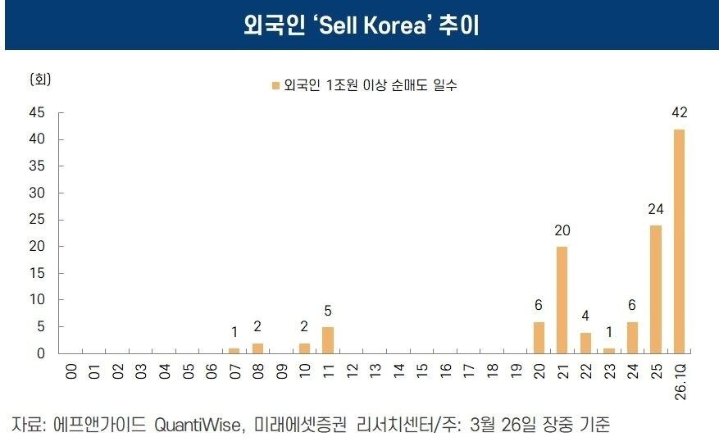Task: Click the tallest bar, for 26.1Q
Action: point(679,241)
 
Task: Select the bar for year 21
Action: point(562,300)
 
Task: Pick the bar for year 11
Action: point(328,340)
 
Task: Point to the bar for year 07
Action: point(234,351)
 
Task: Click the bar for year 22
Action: point(585,343)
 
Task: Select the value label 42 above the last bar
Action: point(679,113)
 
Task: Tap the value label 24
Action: point(656,209)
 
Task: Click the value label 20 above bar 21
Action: point(562,230)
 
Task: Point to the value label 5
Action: point(328,311)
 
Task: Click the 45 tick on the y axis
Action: point(39,112)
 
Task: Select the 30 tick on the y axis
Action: point(39,193)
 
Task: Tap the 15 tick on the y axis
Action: point(39,273)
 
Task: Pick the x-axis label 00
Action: point(71,371)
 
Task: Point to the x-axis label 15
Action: point(422,371)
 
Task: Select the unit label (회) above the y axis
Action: point(40,80)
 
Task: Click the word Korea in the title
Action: point(401,25)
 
